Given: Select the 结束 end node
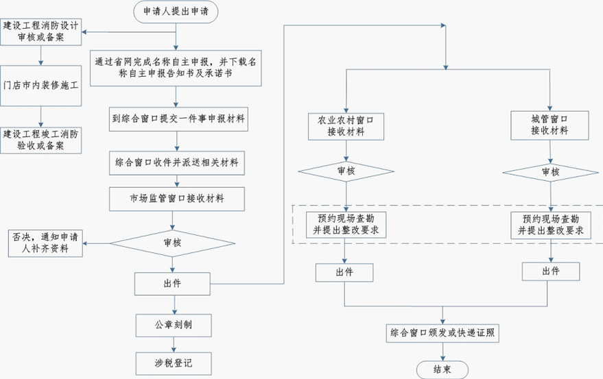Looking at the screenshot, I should pyautogui.click(x=442, y=370).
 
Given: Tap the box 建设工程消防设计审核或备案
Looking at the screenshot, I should pyautogui.click(x=40, y=32).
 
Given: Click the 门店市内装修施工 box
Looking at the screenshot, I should pyautogui.click(x=40, y=87).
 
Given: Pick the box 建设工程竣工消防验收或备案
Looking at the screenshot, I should pyautogui.click(x=40, y=139).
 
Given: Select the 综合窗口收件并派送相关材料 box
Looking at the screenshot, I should pyautogui.click(x=177, y=163).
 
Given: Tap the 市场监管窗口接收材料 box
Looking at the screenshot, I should pyautogui.click(x=177, y=199).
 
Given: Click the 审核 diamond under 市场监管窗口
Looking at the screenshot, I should pyautogui.click(x=177, y=243).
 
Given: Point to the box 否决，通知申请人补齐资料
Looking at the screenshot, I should pyautogui.click(x=45, y=243).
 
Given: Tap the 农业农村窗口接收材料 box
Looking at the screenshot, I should pyautogui.click(x=345, y=125).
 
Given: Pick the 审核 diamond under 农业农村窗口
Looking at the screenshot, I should pyautogui.click(x=345, y=171).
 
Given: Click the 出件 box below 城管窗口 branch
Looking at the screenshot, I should pyautogui.click(x=550, y=271).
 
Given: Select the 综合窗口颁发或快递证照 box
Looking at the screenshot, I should pyautogui.click(x=442, y=333).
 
